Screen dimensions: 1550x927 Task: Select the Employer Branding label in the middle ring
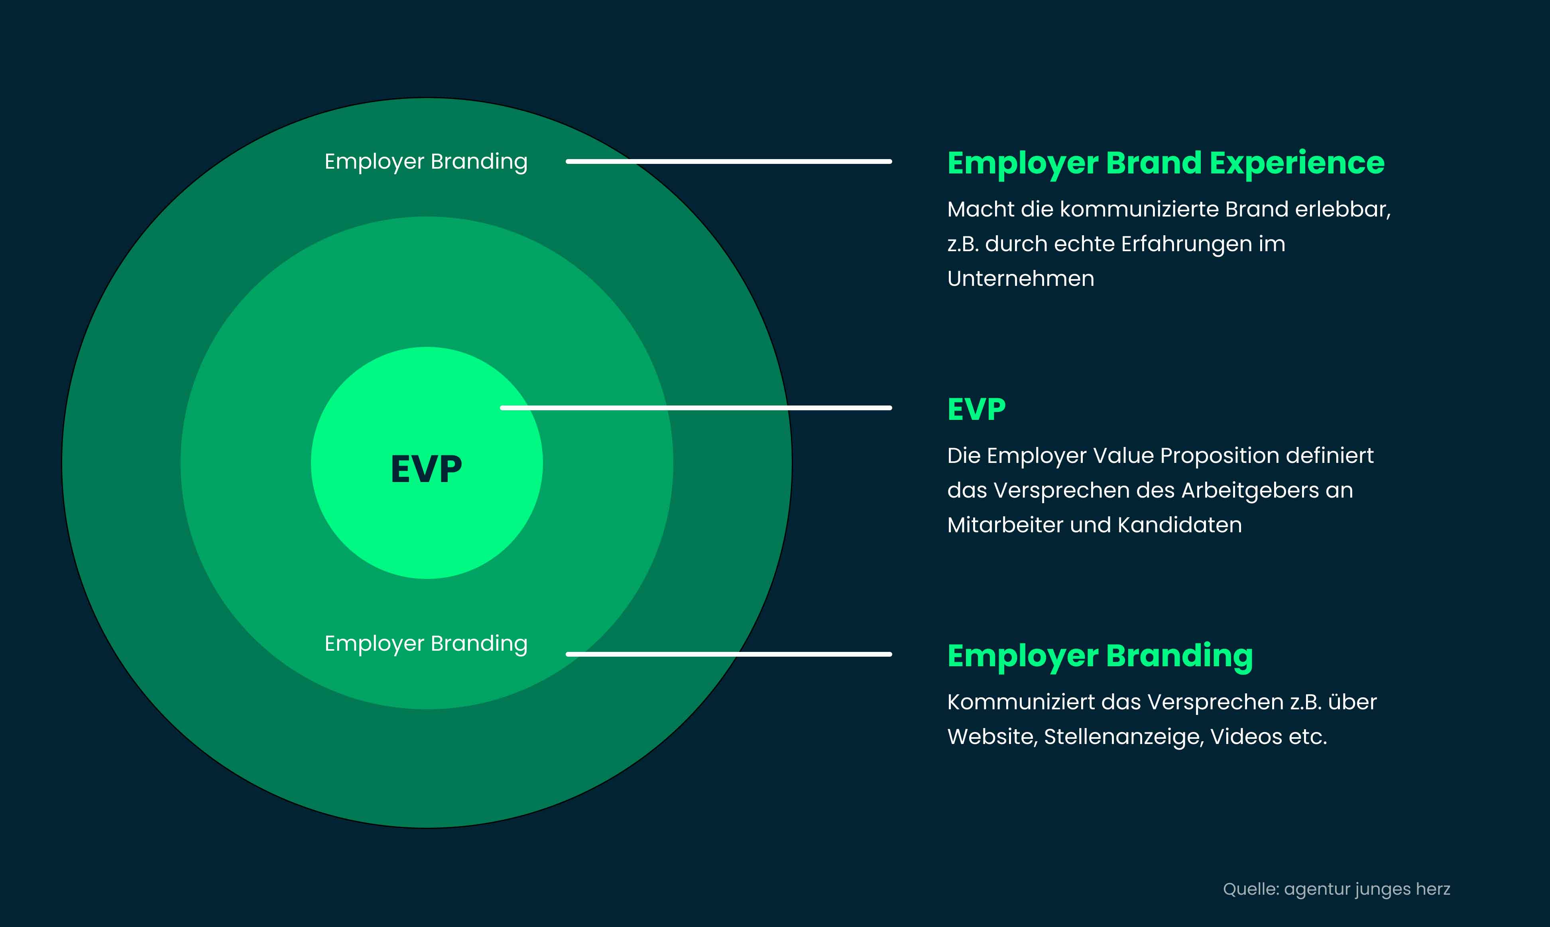coord(426,644)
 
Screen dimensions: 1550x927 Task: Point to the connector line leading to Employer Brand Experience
coord(729,161)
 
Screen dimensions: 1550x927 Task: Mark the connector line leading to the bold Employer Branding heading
coord(729,654)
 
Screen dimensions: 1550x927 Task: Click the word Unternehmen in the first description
coord(1021,279)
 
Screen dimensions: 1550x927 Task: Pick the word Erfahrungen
coord(1186,245)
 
